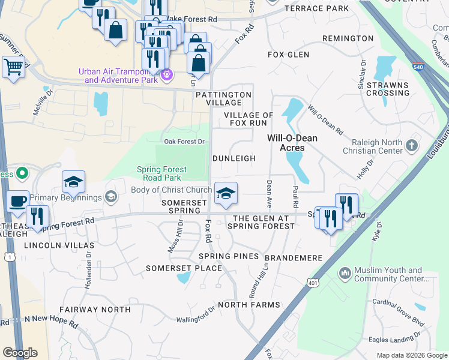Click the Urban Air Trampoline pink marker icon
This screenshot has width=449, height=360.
pyautogui.click(x=167, y=76)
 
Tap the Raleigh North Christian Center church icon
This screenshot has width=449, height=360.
pyautogui.click(x=411, y=145)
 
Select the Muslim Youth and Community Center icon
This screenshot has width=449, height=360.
pyautogui.click(x=345, y=274)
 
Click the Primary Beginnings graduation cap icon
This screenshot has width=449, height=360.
pyautogui.click(x=110, y=197)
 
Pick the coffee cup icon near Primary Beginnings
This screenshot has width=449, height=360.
pyautogui.click(x=18, y=201)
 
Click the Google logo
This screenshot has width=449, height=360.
pyautogui.click(x=20, y=353)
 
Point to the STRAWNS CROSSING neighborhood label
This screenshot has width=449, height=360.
pyautogui.click(x=388, y=89)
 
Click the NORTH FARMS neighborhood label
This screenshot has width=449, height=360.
pyautogui.click(x=249, y=305)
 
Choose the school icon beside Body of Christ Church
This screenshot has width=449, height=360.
pyautogui.click(x=226, y=193)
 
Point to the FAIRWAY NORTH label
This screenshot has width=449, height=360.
pyautogui.click(x=95, y=310)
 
